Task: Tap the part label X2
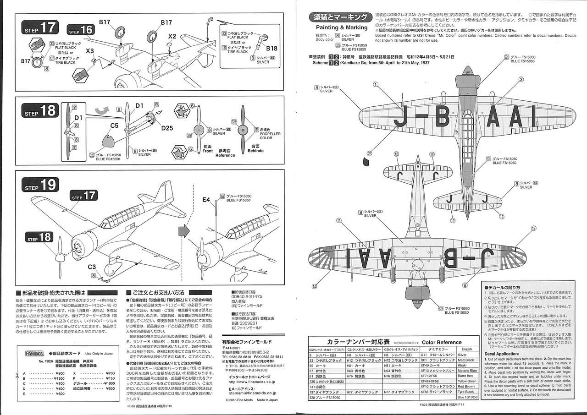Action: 172,36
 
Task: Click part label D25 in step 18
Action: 167,128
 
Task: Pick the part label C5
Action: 115,125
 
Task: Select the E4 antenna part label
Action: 206,200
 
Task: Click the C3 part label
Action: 91,267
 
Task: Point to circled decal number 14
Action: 314,287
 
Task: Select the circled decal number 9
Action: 465,285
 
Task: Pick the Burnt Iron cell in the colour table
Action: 465,376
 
